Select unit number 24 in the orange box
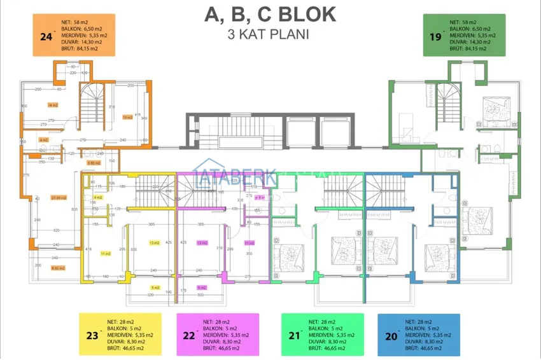pos(45,37)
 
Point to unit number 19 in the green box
pos(435,37)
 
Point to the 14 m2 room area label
pos(52,105)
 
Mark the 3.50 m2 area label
pos(94,163)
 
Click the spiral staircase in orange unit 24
pos(91,106)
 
